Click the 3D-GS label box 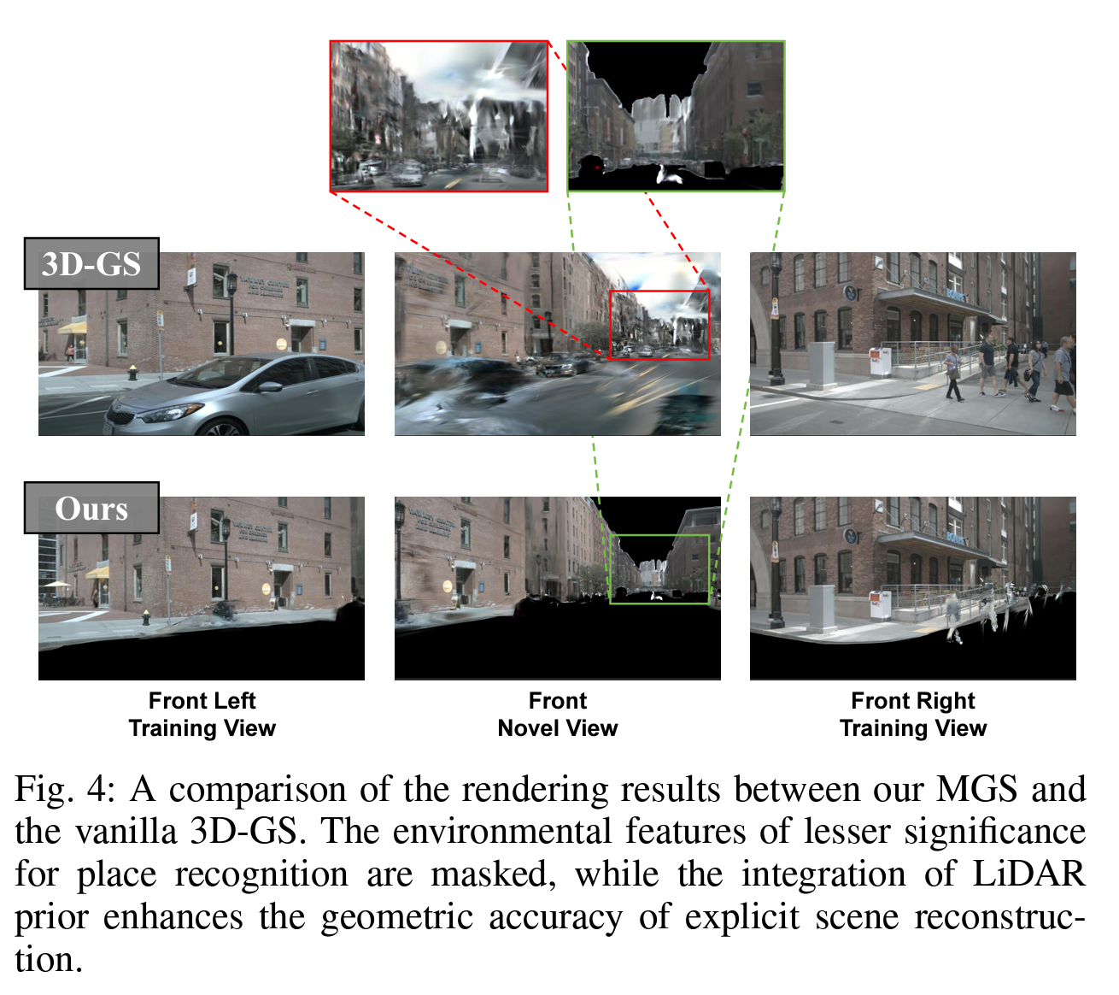91,263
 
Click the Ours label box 91,508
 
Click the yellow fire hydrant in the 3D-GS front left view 132,372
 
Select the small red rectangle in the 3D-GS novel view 659,325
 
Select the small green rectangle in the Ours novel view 659,569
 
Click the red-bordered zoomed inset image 439,115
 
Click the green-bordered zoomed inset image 676,115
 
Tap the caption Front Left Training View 202,715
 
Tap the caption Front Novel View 558,715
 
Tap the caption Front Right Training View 913,715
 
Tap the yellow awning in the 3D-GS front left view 73,326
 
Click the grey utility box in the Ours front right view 822,607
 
